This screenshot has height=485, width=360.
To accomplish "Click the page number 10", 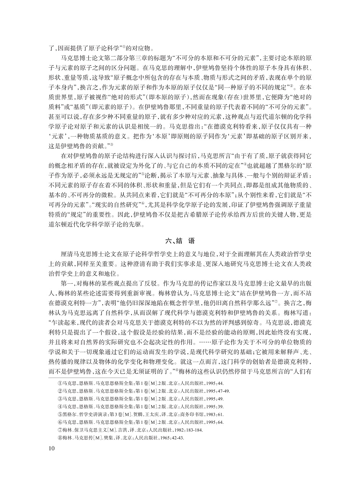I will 51,448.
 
